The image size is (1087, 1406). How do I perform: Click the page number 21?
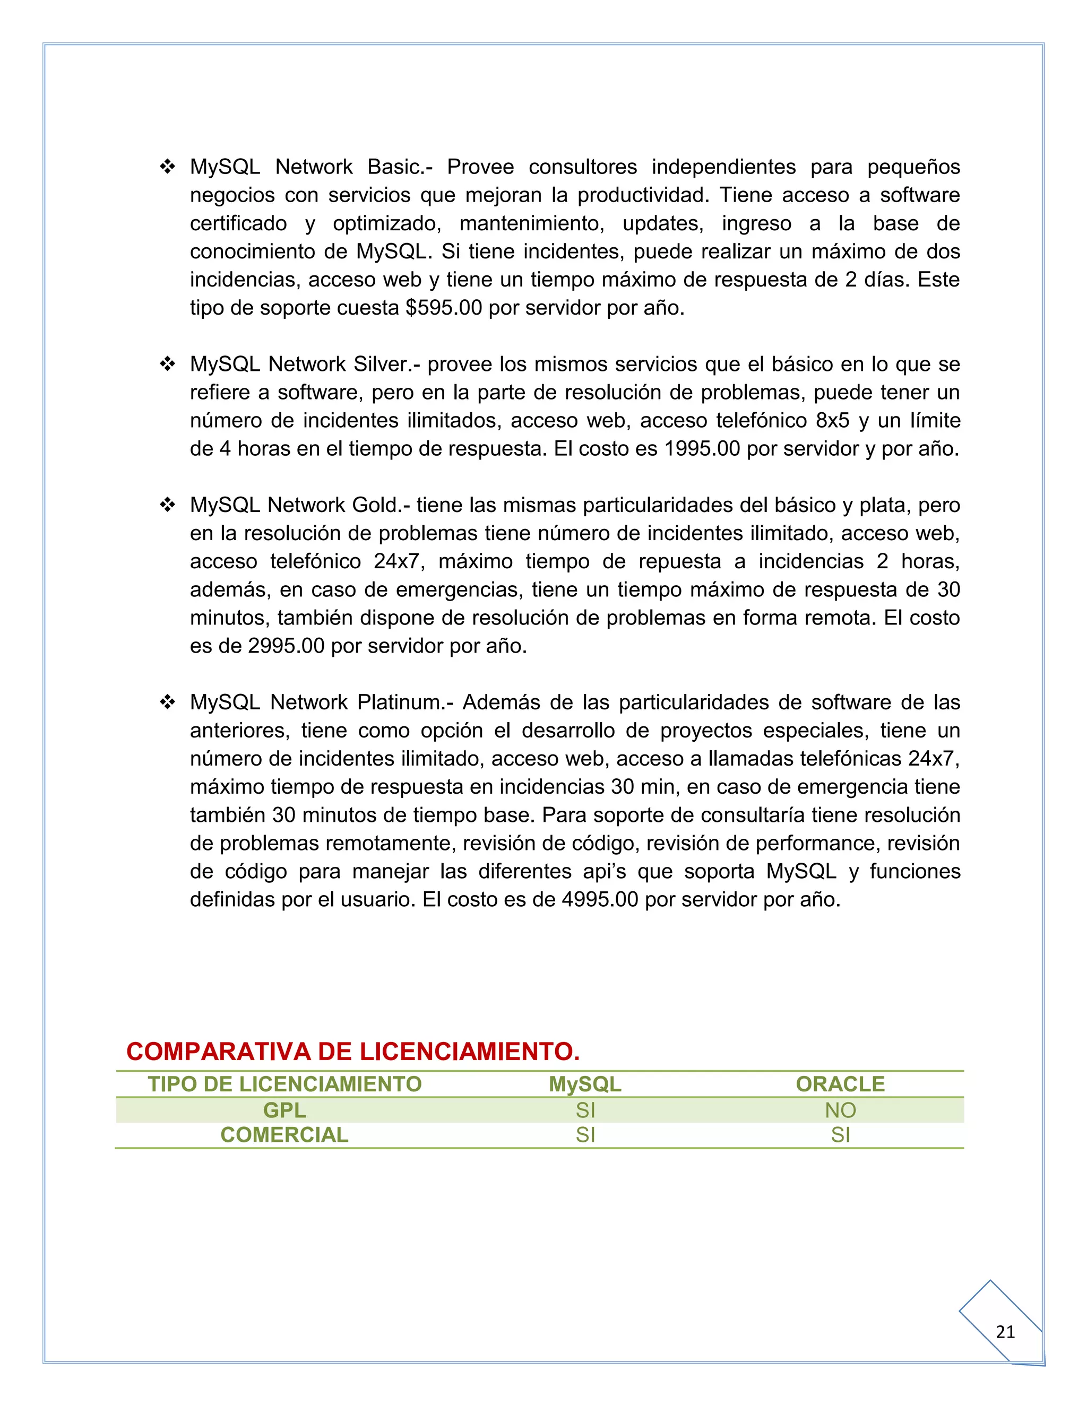click(1005, 1332)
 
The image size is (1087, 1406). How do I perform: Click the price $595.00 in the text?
click(444, 308)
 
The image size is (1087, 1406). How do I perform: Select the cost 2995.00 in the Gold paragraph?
click(286, 646)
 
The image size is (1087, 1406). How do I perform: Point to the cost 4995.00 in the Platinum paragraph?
click(600, 899)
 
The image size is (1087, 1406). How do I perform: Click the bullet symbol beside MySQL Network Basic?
click(167, 167)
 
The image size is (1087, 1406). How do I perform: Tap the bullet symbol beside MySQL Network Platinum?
click(167, 702)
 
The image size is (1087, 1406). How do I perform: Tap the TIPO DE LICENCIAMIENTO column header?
click(284, 1084)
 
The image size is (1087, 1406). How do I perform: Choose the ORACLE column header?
click(840, 1084)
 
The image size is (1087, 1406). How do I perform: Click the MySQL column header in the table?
click(585, 1084)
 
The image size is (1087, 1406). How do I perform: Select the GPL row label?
click(284, 1110)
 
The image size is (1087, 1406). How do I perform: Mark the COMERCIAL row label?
click(284, 1135)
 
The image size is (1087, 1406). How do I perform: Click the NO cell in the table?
click(840, 1110)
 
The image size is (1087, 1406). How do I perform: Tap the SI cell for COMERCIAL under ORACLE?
click(840, 1135)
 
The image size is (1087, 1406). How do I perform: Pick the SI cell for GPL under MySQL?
click(585, 1110)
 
